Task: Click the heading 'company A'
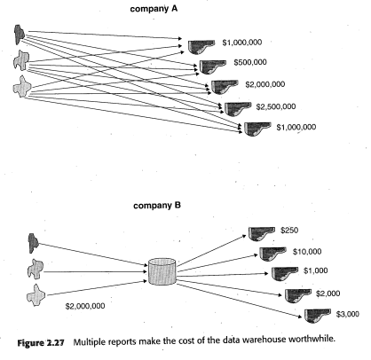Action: (x=154, y=9)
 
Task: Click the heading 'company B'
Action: (x=157, y=206)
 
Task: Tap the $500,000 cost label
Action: (x=250, y=62)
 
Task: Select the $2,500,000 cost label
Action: (x=276, y=106)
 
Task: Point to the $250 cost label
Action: (x=289, y=230)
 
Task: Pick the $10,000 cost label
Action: (x=307, y=252)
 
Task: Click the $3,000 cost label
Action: (x=348, y=314)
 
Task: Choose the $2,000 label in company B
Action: (x=328, y=293)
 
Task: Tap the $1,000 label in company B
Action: (x=316, y=270)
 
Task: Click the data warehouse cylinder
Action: (x=162, y=271)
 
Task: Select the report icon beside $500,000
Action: (x=212, y=67)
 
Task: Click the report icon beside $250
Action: (x=261, y=234)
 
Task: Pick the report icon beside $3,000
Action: (x=317, y=316)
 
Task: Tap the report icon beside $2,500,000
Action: (x=237, y=109)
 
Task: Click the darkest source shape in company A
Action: (x=20, y=35)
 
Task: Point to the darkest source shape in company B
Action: (x=33, y=243)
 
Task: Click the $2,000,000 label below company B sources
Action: (x=85, y=306)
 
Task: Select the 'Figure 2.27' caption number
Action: (x=41, y=343)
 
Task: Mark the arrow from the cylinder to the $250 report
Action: (x=211, y=251)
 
